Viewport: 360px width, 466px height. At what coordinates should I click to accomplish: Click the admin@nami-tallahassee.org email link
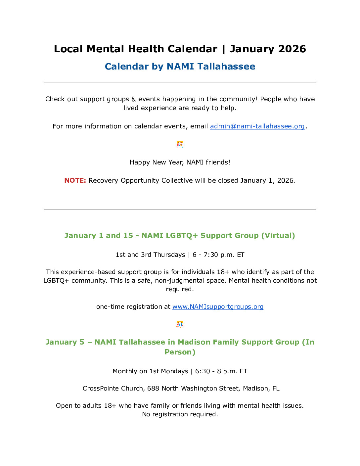coord(257,126)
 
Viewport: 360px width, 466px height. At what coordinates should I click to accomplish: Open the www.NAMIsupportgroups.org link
coord(218,307)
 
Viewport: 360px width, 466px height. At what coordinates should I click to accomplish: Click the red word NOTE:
coord(75,180)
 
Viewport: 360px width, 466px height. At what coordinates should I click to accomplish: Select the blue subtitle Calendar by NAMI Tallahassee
coord(180,67)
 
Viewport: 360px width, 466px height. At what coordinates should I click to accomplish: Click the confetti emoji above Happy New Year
coord(180,144)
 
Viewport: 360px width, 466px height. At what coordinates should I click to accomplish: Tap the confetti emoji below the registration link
coord(180,324)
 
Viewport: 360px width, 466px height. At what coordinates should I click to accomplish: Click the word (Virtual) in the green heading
coord(278,236)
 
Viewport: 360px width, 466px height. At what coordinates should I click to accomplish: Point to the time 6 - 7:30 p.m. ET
coord(218,255)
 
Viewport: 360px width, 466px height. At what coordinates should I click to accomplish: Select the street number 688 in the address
coord(153,389)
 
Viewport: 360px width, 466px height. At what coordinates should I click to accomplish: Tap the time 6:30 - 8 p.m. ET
coord(221,371)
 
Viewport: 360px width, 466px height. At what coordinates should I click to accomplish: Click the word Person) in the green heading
coord(180,352)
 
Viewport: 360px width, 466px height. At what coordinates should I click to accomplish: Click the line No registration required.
coord(180,414)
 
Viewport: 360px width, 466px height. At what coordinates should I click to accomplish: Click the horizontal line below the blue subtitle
coord(180,82)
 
